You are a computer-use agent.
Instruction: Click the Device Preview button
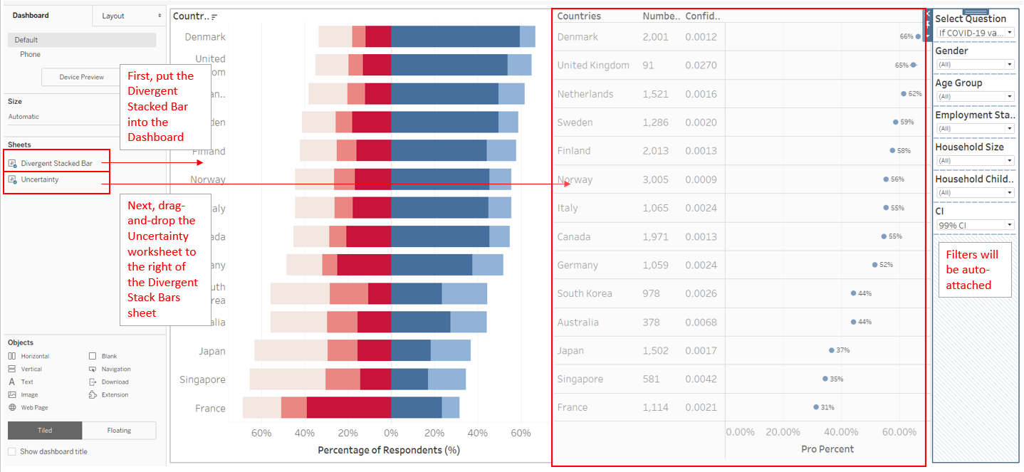pyautogui.click(x=81, y=77)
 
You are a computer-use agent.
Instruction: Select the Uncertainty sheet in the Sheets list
pyautogui.click(x=40, y=179)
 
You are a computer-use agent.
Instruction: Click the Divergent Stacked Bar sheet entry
pyautogui.click(x=56, y=164)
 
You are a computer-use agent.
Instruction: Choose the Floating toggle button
pyautogui.click(x=119, y=430)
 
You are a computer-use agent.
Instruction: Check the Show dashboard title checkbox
pyautogui.click(x=12, y=451)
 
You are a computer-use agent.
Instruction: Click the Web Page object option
pyautogui.click(x=34, y=407)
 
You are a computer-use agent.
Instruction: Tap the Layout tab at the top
pyautogui.click(x=113, y=16)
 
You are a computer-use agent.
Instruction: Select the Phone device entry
pyautogui.click(x=30, y=54)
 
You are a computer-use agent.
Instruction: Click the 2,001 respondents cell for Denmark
pyautogui.click(x=655, y=37)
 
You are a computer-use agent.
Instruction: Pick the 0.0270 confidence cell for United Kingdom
pyautogui.click(x=701, y=65)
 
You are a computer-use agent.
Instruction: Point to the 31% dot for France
pyautogui.click(x=816, y=407)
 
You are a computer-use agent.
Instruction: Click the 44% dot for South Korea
pyautogui.click(x=853, y=293)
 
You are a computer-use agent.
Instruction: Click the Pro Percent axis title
pyautogui.click(x=827, y=449)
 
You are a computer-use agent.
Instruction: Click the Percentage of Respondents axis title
pyautogui.click(x=388, y=450)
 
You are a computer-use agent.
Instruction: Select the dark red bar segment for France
pyautogui.click(x=348, y=408)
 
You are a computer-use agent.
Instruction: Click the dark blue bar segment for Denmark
pyautogui.click(x=455, y=36)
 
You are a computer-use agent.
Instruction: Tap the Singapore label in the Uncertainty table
pyautogui.click(x=580, y=379)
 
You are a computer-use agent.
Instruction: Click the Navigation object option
pyautogui.click(x=115, y=369)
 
